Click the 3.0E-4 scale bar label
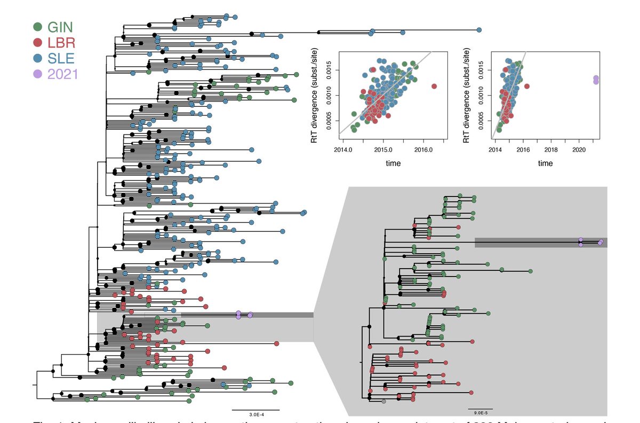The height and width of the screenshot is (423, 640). (x=255, y=414)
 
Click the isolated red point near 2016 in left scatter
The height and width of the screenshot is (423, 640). (x=434, y=86)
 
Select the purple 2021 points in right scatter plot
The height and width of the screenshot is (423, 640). (x=596, y=80)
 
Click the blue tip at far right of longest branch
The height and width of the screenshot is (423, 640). (x=479, y=30)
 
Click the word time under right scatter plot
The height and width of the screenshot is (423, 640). (x=545, y=163)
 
